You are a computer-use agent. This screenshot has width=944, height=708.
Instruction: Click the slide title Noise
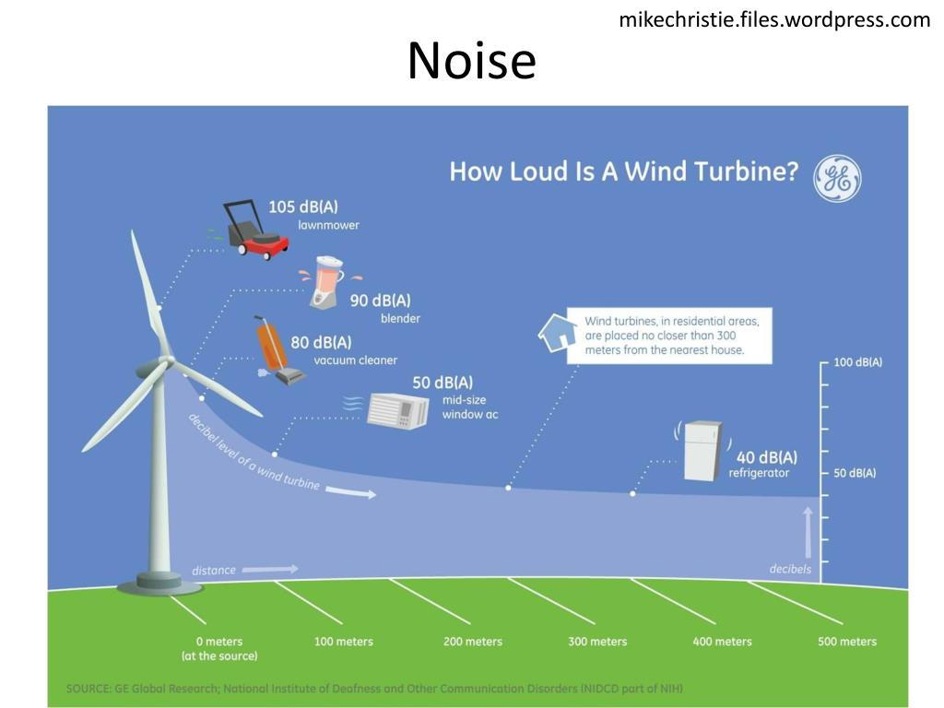click(471, 61)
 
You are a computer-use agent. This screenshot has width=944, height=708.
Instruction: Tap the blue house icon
click(556, 333)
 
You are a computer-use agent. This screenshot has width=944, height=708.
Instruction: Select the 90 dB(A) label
click(380, 301)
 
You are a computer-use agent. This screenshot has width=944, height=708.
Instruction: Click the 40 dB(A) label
click(767, 457)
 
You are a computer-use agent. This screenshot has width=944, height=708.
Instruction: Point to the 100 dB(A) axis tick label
click(857, 362)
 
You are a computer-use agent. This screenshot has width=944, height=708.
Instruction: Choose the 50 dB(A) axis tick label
click(855, 473)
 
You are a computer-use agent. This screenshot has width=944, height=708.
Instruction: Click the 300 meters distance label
click(597, 642)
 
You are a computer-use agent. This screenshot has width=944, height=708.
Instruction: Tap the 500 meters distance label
click(846, 642)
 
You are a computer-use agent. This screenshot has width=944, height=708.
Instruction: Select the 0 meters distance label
click(219, 642)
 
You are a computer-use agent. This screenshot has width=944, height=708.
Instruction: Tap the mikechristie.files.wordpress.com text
click(774, 19)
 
